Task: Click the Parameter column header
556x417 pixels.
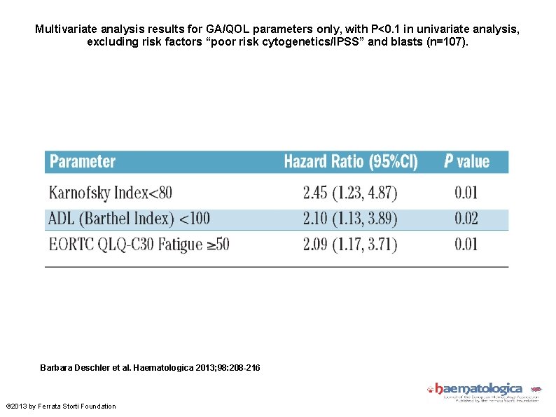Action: (x=83, y=162)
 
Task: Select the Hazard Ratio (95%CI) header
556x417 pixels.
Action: (x=350, y=162)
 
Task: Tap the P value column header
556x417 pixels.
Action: (x=466, y=162)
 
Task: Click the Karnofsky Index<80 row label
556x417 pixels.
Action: (x=110, y=192)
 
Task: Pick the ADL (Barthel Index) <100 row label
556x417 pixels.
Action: (x=129, y=219)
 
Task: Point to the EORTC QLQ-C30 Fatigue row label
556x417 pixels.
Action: (x=139, y=245)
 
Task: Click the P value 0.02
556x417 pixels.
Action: (x=466, y=219)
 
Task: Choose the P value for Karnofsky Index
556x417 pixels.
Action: (x=466, y=192)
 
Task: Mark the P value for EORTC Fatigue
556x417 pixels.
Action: (x=466, y=245)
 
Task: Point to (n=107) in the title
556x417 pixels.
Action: (x=447, y=42)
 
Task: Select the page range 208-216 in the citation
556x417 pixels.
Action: (x=242, y=367)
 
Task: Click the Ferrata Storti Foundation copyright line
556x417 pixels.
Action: (x=61, y=406)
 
